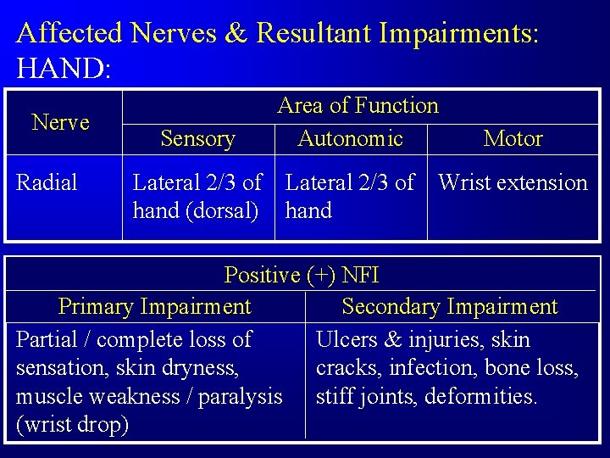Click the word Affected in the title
(71, 33)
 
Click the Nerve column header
(60, 123)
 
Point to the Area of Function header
(358, 106)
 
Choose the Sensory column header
(197, 139)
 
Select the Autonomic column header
(350, 139)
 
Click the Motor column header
(513, 139)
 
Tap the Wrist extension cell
(513, 182)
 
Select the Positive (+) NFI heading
(302, 276)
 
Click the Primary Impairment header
(154, 306)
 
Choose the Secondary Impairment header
(450, 306)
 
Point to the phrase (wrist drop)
(73, 424)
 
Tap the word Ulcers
(347, 340)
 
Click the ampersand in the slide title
(237, 33)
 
